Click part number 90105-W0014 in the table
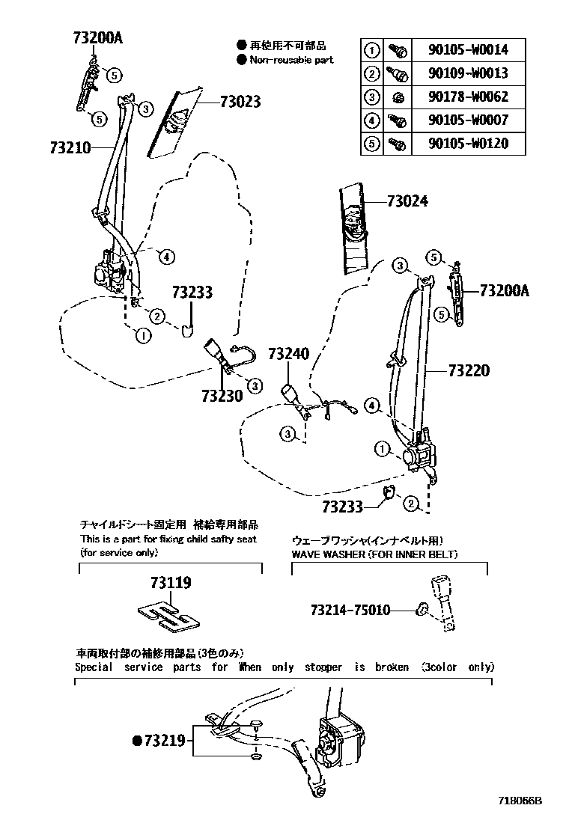point(468,50)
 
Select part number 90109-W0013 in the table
point(468,73)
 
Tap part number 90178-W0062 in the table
point(468,97)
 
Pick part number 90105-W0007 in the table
point(468,120)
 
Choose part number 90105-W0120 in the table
point(468,143)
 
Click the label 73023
point(240,102)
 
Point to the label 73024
point(408,201)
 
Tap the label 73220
point(469,370)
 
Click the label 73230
point(222,394)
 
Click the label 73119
point(170,582)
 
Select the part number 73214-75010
point(350,610)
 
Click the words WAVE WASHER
point(327,554)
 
